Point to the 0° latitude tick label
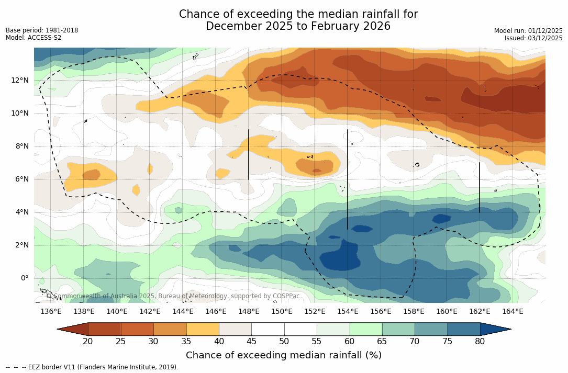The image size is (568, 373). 24,278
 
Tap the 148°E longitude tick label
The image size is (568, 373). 249,311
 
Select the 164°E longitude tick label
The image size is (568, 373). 513,311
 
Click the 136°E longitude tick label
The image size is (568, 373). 51,311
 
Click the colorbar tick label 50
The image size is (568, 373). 284,342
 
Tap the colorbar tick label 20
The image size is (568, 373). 88,342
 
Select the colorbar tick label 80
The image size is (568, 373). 480,342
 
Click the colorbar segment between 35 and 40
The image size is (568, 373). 203,329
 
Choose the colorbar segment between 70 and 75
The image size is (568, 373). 431,329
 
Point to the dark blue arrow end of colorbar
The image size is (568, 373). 495,329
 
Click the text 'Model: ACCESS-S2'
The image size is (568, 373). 34,38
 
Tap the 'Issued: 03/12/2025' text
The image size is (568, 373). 533,38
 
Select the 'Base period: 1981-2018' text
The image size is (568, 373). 42,30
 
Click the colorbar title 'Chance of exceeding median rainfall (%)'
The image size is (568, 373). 284,355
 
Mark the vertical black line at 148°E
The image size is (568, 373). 249,154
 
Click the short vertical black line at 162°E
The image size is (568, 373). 480,187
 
